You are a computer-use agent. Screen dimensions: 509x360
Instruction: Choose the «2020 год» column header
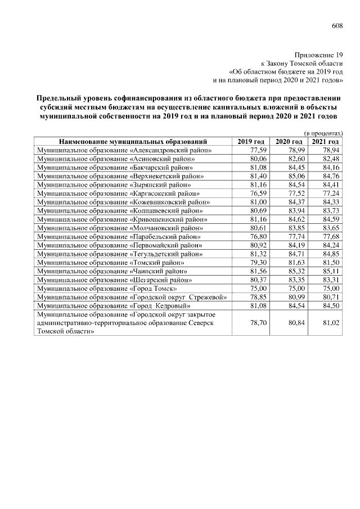click(x=289, y=142)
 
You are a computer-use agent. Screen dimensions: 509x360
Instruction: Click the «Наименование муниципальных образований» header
click(x=134, y=142)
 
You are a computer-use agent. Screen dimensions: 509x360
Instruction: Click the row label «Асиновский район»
click(x=115, y=159)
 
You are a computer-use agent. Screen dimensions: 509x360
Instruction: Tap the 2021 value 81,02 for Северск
click(x=331, y=323)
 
